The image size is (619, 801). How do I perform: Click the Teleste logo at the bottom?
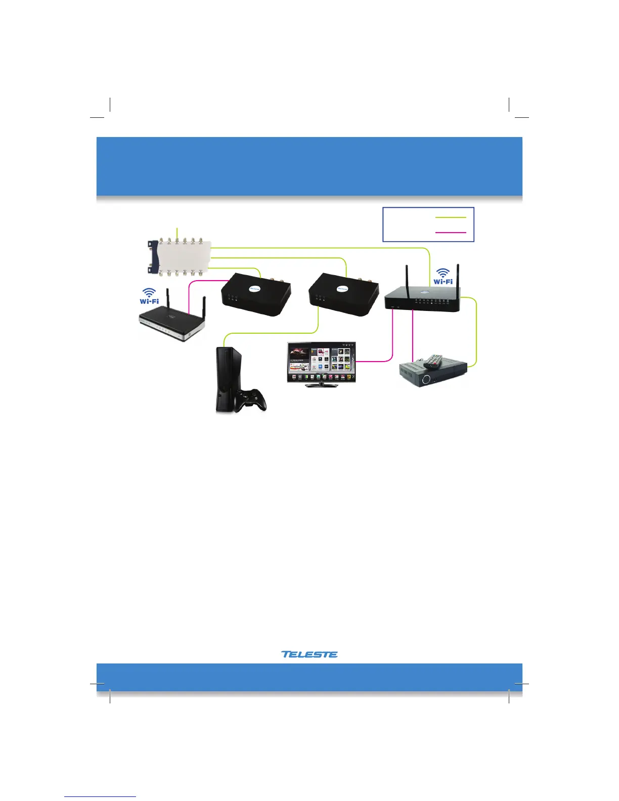click(x=309, y=654)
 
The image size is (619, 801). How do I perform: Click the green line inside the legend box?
click(x=450, y=217)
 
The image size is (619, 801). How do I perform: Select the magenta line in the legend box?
click(x=450, y=233)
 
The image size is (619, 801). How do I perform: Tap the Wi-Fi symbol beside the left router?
click(x=149, y=296)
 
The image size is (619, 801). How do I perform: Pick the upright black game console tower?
click(x=226, y=379)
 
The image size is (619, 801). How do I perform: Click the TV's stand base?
click(x=321, y=384)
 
